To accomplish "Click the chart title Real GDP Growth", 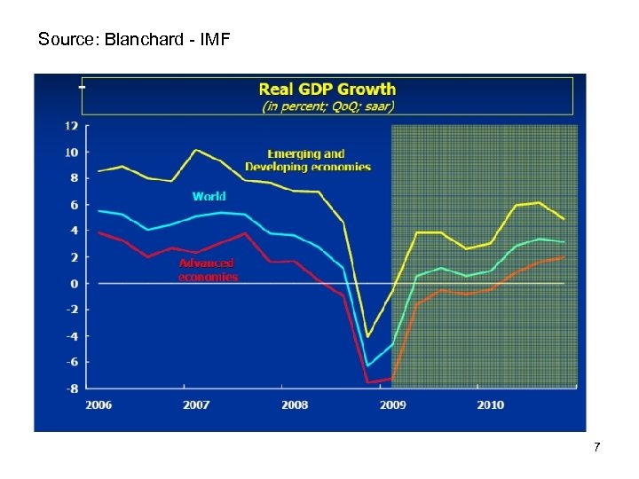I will (327, 89).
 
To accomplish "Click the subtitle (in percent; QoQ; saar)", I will (327, 106).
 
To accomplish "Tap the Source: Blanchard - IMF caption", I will (134, 39).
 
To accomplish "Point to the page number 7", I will (596, 447).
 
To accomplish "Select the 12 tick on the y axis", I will (71, 126).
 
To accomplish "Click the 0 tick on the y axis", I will (75, 283).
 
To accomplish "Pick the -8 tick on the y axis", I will (71, 388).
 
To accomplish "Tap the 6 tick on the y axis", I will (75, 205).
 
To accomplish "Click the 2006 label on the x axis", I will (99, 404).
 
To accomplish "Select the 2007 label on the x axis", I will (196, 404).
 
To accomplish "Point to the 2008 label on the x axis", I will (295, 404).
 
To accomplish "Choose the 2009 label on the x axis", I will (392, 404).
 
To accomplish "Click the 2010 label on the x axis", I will (490, 404).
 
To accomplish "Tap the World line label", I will (209, 196).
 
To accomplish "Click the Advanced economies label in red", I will (208, 270).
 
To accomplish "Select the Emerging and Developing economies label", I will (308, 161).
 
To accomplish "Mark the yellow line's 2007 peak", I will (197, 150).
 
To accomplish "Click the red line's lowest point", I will (367, 382).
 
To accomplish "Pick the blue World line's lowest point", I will (367, 365).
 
